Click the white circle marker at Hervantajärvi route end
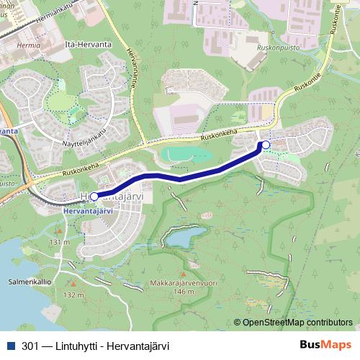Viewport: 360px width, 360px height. pos(94,195)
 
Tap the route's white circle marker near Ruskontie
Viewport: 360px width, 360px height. pos(266,145)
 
